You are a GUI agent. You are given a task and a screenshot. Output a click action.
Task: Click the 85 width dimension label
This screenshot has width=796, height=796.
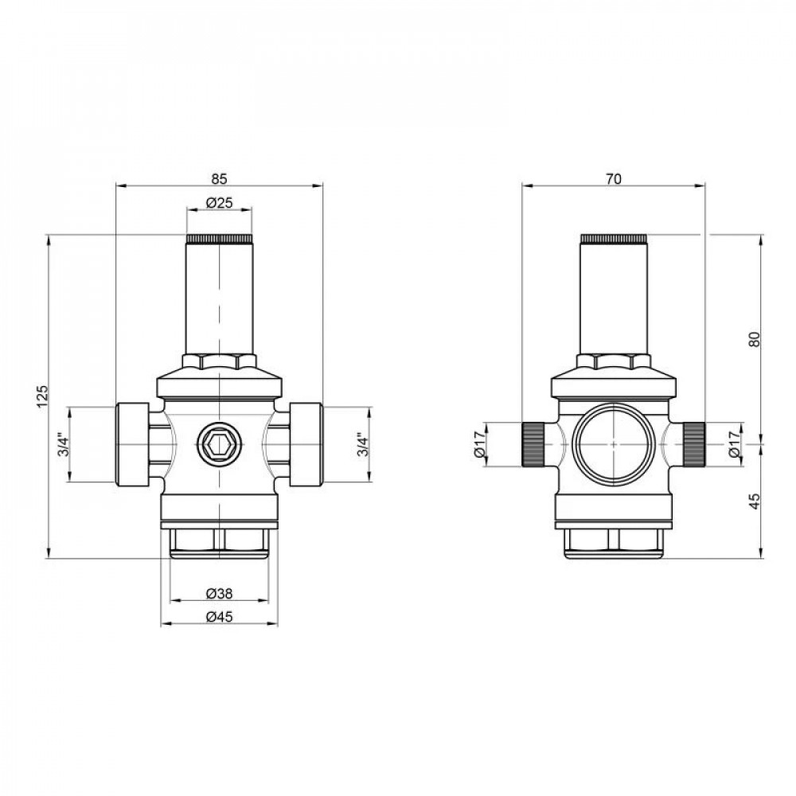(x=219, y=178)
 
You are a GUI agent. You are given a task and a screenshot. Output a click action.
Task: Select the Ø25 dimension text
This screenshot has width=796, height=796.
(x=219, y=203)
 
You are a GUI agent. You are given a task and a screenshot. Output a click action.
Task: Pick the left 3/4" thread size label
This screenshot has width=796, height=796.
(x=63, y=445)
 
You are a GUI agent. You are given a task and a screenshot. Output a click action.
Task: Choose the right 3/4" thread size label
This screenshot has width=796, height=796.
(x=361, y=445)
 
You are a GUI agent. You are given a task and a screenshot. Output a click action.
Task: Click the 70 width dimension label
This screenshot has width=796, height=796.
(x=613, y=178)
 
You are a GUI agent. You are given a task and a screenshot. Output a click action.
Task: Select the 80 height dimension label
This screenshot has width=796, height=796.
(x=755, y=338)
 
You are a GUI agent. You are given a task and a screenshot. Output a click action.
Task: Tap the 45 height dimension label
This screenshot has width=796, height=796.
(x=755, y=500)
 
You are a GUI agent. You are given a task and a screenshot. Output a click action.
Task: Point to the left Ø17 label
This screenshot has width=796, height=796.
(x=479, y=444)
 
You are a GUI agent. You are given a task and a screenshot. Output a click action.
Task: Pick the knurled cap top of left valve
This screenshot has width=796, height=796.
(x=219, y=239)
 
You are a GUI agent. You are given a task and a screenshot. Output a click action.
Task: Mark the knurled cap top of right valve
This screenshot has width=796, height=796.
(x=614, y=239)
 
